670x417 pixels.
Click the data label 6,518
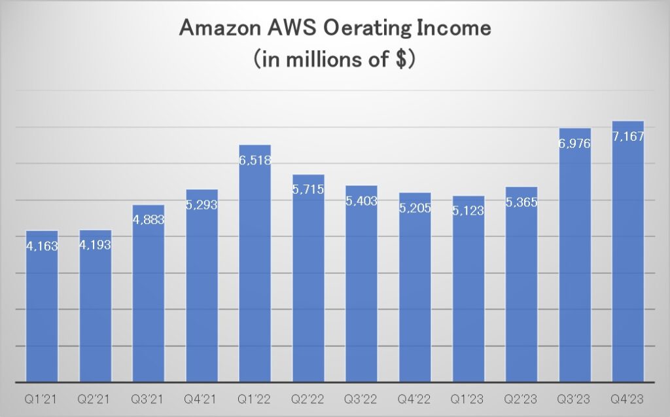[255, 160]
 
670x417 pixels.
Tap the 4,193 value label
[96, 245]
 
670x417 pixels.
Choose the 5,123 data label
[468, 211]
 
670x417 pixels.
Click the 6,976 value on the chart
[575, 143]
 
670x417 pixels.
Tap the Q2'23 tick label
[521, 397]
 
